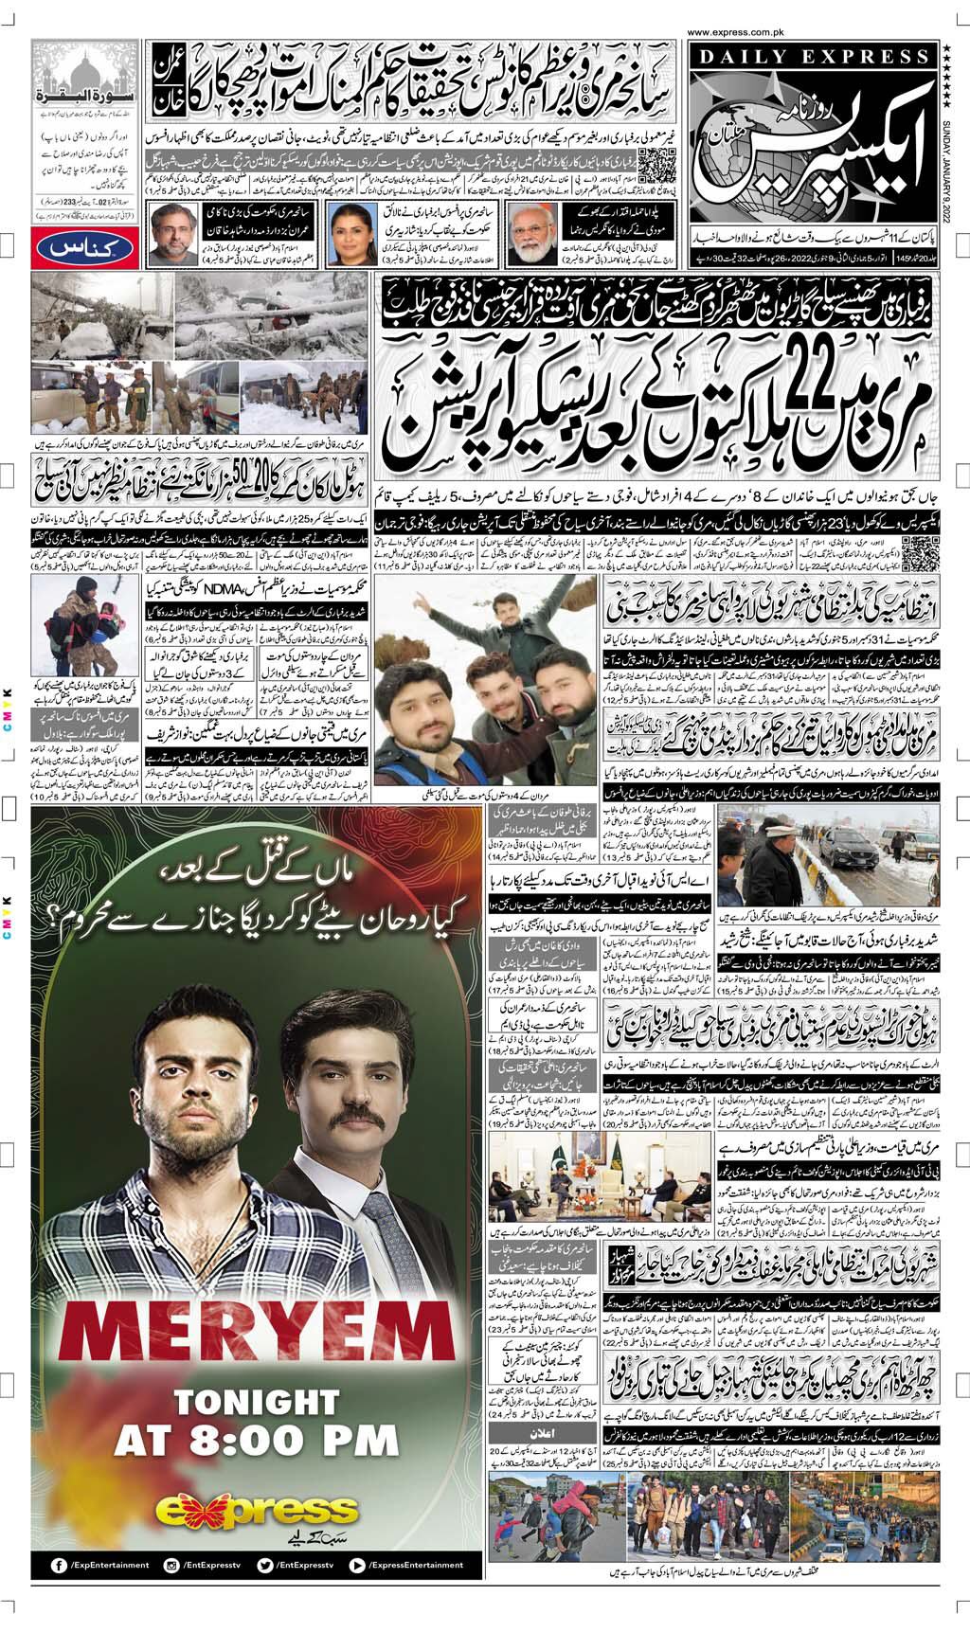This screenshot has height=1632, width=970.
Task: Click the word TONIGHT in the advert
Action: (x=256, y=1402)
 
